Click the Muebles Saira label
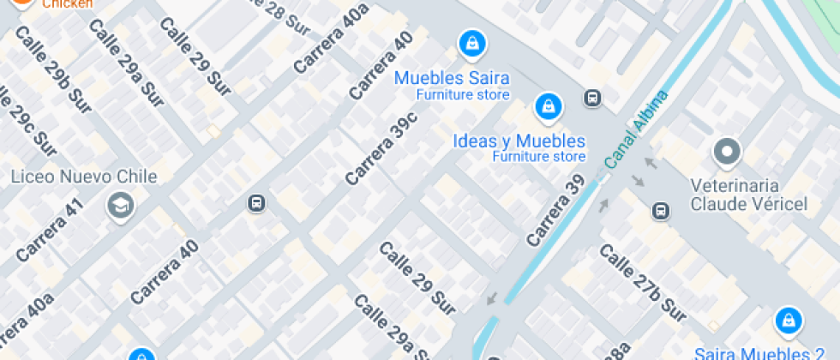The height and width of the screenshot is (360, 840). coord(451,78)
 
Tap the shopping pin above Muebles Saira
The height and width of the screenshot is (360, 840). coord(471,42)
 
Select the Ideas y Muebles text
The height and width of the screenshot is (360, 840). coord(519,141)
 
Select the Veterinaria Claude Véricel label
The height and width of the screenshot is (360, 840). coord(748,195)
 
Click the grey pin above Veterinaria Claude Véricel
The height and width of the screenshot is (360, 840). coord(727,153)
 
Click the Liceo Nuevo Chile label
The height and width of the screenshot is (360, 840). coord(84,177)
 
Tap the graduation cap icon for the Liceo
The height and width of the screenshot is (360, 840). coord(120,205)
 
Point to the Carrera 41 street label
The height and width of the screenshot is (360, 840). coord(51,229)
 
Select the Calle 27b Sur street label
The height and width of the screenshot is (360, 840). coord(642,284)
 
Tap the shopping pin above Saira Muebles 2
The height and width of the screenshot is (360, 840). coord(787,321)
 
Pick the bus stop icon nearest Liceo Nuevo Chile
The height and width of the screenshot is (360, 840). coord(255,203)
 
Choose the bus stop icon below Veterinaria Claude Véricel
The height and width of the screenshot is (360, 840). coord(660,210)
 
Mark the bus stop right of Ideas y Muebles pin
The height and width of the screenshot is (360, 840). coord(591,99)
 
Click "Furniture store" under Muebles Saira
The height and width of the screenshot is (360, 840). coord(463,95)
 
